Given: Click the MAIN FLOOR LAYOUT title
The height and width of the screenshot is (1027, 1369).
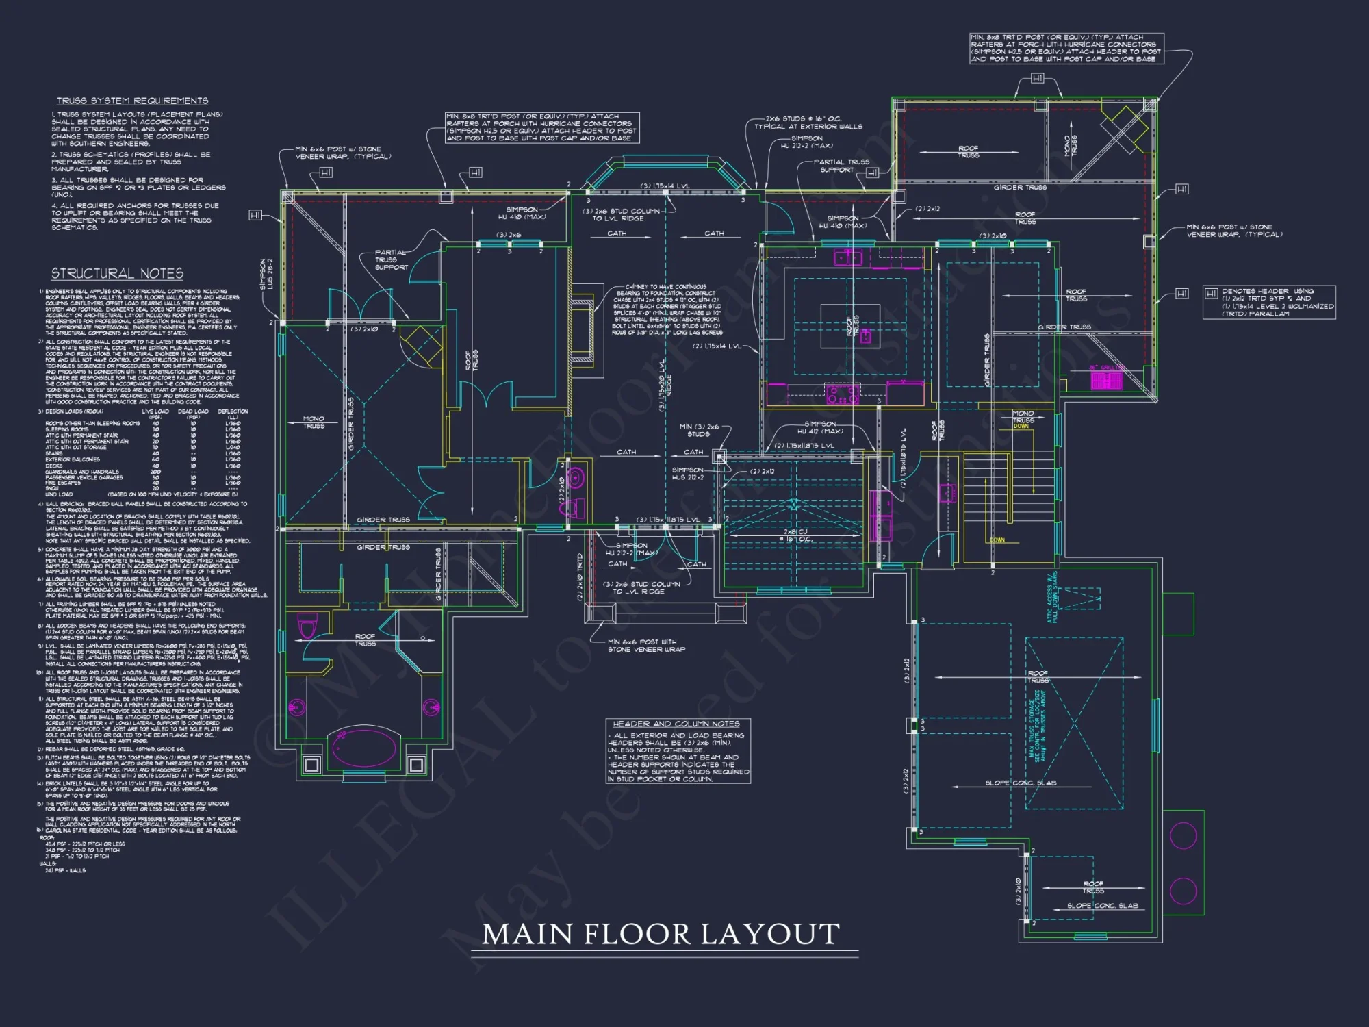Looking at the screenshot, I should tap(661, 935).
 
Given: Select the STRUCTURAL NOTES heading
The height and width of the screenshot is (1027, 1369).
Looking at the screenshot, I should tap(117, 274).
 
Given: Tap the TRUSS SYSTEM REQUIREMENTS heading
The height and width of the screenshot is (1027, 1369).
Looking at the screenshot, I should tap(132, 101).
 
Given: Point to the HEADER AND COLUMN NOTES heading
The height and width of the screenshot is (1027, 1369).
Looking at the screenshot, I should tap(676, 724).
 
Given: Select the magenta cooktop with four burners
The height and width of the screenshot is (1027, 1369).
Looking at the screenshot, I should tap(843, 394).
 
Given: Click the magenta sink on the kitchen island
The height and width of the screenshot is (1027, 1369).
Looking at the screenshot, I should tap(865, 335).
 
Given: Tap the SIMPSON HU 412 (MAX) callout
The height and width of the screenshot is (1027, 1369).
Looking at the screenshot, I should tap(820, 427).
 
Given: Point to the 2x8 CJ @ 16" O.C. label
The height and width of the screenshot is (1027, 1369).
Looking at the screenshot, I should tap(795, 535).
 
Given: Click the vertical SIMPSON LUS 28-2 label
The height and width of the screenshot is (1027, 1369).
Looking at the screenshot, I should tap(266, 274).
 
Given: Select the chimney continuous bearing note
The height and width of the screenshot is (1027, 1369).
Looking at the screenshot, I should tap(667, 309).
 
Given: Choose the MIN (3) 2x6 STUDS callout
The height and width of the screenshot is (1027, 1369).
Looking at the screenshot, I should tap(699, 430).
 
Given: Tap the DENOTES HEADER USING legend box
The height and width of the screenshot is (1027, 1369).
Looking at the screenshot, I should tap(1268, 302).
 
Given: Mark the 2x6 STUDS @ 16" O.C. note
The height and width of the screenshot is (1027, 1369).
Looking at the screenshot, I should tap(808, 123).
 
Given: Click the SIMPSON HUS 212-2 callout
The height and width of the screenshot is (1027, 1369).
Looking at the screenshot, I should tap(687, 473).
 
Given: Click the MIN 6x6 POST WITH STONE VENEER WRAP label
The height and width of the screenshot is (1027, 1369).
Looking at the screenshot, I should tap(645, 646).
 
